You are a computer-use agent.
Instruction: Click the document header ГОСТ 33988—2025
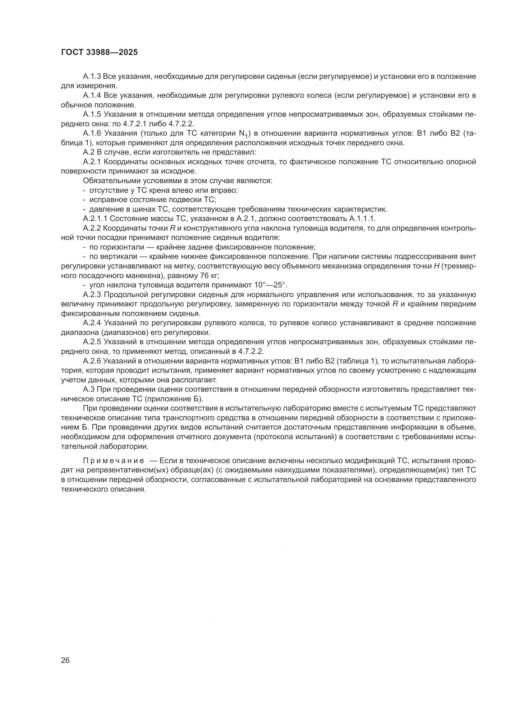99,52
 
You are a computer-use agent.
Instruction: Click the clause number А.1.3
92,77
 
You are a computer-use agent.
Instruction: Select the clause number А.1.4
92,96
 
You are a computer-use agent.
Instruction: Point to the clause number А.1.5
92,115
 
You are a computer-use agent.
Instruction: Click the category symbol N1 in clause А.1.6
243,134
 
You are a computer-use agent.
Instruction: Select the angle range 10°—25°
270,285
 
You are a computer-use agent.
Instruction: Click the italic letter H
437,266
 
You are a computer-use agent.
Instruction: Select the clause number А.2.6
92,361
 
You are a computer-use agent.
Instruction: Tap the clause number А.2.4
92,323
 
